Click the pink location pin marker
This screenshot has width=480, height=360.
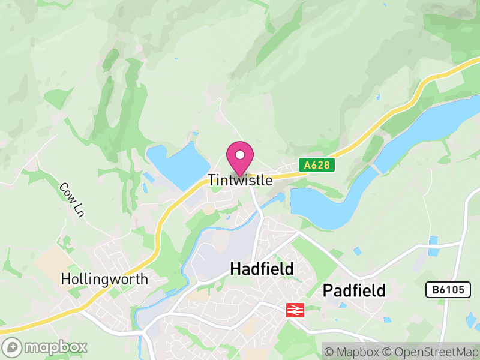coord(240,158)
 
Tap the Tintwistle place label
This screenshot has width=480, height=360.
coord(240,180)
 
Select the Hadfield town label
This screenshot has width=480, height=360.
coord(262,269)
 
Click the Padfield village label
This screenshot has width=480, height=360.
coord(354,291)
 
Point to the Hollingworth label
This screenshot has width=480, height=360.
coord(104,280)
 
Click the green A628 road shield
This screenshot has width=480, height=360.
coord(316,165)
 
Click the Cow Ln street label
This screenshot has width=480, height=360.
coord(70,199)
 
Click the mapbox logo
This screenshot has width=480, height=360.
coord(45,347)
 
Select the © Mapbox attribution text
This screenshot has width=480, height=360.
coord(352,351)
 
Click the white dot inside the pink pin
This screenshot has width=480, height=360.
coord(240,155)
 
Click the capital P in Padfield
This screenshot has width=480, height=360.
coord(328,291)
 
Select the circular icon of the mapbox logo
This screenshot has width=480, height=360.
coord(12,347)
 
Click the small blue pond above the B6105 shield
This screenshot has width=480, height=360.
coord(433,240)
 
